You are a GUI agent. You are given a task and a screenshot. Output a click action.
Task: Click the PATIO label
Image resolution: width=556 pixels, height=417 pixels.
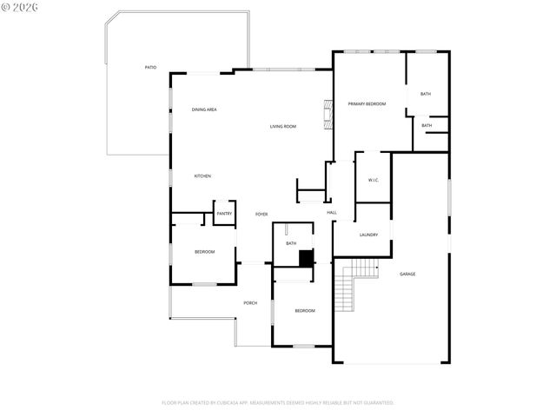pos(151,67)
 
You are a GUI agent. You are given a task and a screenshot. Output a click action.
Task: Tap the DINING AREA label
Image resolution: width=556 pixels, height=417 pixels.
pos(204,109)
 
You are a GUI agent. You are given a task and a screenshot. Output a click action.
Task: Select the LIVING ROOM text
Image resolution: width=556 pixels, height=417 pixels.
pos(282,127)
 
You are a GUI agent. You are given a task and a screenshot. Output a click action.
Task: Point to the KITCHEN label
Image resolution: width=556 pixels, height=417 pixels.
pos(202,176)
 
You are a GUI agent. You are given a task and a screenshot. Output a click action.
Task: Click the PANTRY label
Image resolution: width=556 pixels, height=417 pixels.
pos(224,213)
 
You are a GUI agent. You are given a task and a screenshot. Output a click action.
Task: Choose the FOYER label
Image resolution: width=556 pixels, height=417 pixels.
pos(261,214)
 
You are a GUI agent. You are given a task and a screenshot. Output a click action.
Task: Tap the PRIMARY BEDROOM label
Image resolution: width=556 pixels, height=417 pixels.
pos(367,104)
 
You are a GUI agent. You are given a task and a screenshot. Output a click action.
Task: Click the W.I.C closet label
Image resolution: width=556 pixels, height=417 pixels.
pos(373,181)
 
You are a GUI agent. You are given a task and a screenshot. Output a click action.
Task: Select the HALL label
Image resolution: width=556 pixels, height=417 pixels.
pos(332,213)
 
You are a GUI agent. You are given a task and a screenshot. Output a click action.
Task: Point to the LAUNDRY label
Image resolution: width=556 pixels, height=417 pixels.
pos(368,235)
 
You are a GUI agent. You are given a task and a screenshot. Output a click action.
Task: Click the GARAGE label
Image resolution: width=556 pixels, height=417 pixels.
pos(407,274)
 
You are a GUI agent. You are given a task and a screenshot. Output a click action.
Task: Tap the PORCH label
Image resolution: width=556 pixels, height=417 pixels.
pos(250,302)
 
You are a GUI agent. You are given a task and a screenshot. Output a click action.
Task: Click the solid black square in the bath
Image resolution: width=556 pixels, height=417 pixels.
pos(305,258)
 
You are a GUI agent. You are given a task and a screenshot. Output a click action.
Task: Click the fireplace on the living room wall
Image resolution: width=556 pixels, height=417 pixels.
pos(328,115)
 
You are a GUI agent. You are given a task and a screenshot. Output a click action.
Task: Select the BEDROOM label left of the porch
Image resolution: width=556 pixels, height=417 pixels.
pos(204,252)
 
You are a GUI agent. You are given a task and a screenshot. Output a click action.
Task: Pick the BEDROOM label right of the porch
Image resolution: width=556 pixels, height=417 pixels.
pos(304,311)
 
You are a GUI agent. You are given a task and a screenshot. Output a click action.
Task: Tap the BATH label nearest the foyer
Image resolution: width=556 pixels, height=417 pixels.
pos(291,243)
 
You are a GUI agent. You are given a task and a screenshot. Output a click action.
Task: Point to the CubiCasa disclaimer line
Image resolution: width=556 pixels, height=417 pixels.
pos(278,402)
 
